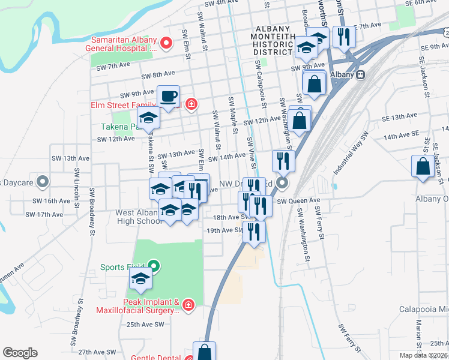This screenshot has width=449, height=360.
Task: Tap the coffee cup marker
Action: click(168, 96)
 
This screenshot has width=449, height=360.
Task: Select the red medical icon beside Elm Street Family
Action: click(191, 105)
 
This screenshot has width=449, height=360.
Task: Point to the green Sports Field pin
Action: click(154, 267)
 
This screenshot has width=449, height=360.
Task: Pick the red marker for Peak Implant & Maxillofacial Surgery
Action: click(188, 306)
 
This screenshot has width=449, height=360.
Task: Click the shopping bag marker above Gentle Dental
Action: click(204, 351)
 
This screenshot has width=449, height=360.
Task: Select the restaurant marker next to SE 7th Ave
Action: click(344, 35)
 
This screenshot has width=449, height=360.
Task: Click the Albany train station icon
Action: click(361, 74)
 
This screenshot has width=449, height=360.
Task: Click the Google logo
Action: click(20, 353)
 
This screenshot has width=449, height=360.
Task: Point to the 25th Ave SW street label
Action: click(145, 325)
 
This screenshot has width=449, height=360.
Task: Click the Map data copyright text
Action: click(421, 355)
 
